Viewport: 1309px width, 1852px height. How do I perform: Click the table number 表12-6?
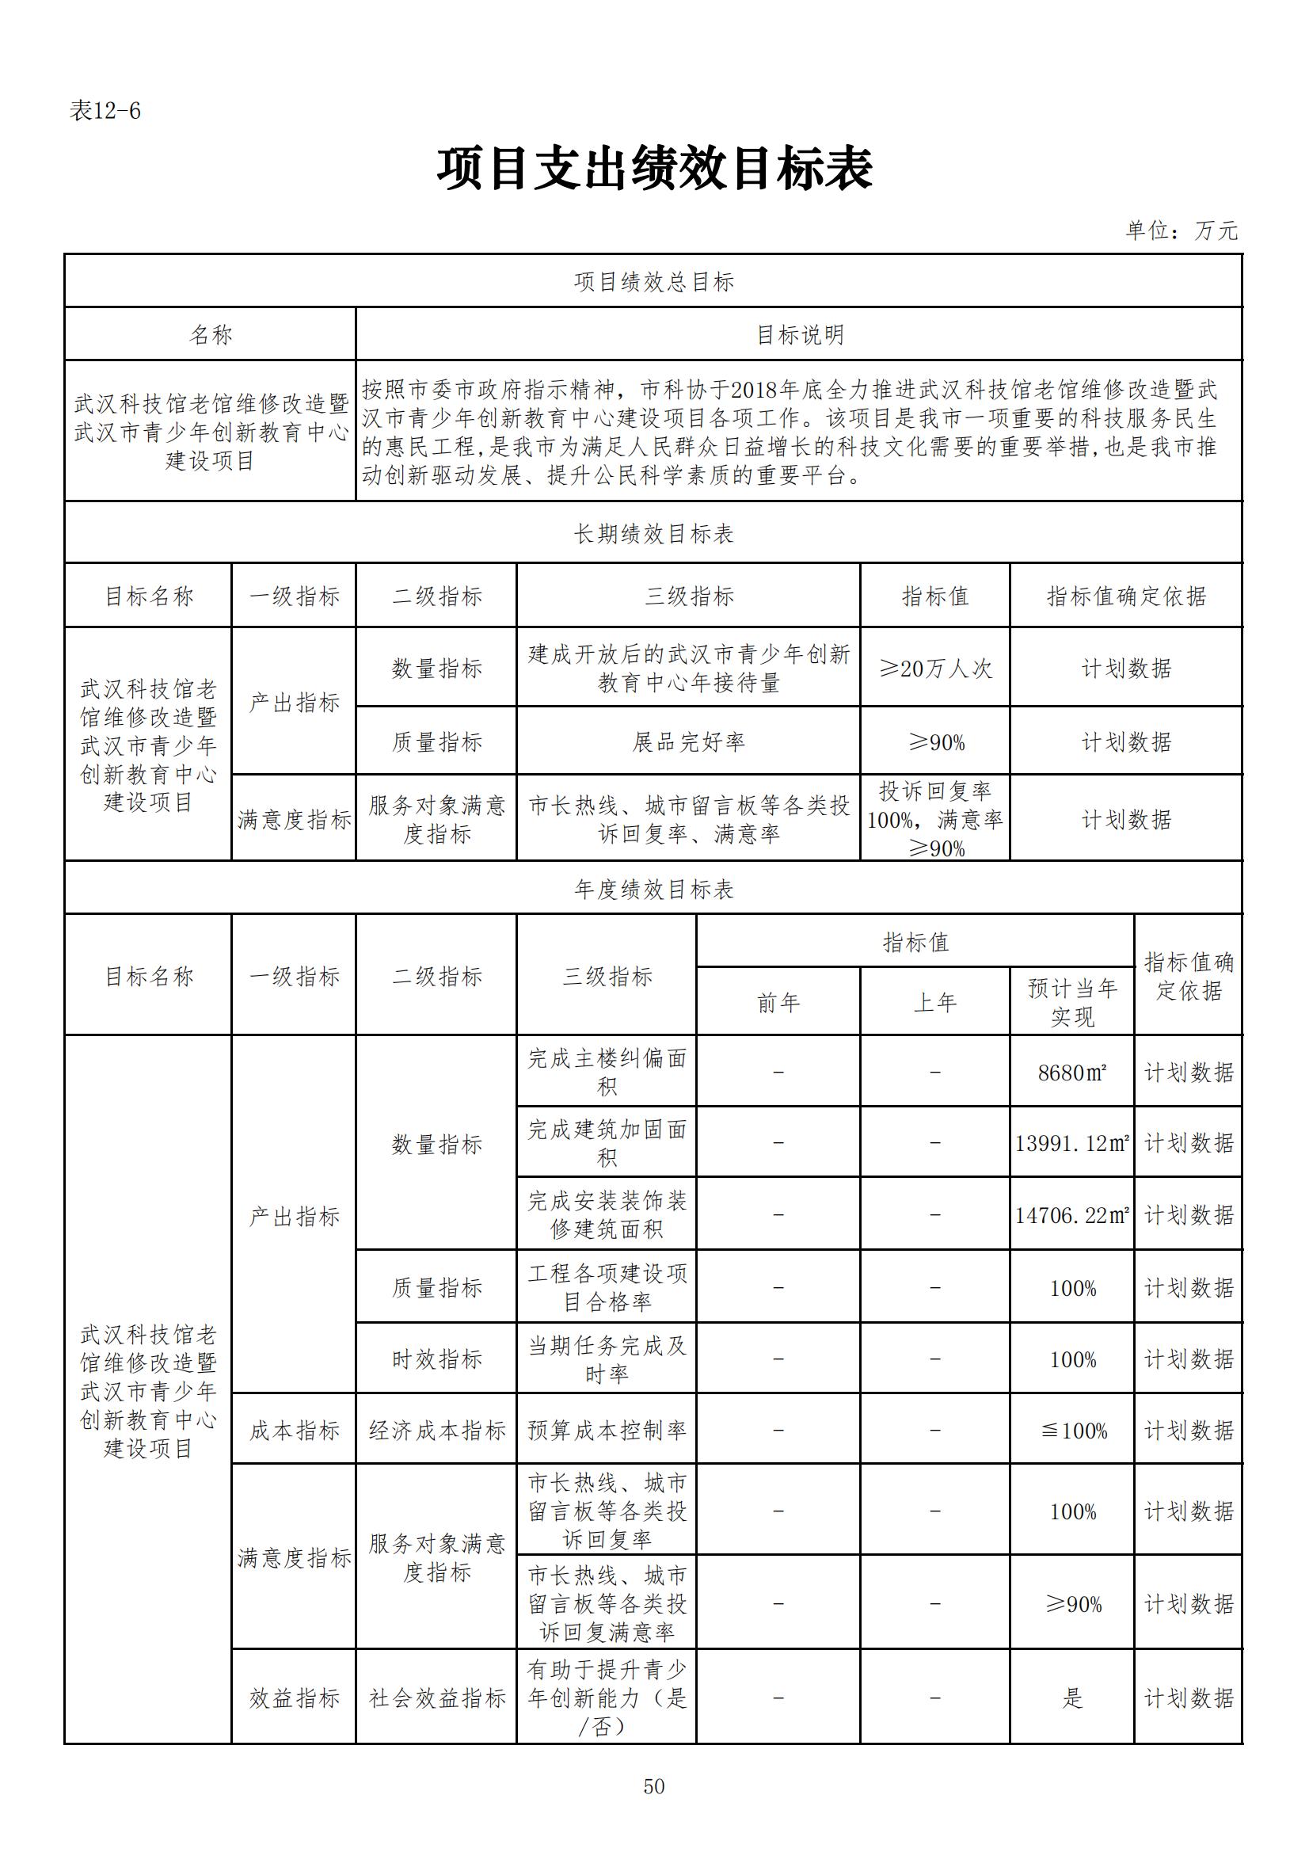point(105,111)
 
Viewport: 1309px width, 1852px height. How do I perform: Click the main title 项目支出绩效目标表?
point(654,170)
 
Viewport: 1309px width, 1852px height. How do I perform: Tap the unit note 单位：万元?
point(1182,231)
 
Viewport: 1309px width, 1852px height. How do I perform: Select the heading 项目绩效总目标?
point(654,281)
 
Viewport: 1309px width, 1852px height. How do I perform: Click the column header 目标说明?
point(799,335)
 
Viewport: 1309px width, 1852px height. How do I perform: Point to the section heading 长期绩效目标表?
point(654,533)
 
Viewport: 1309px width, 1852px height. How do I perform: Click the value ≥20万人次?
point(934,669)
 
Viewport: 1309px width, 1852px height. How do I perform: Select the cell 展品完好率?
point(688,742)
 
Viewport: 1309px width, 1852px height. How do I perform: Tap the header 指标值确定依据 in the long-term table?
point(1126,596)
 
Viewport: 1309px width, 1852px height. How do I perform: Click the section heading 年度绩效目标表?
point(654,889)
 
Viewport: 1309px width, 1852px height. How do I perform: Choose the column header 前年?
point(778,1003)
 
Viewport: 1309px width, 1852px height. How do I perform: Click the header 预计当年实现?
point(1072,1003)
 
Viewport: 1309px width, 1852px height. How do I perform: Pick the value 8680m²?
point(1072,1073)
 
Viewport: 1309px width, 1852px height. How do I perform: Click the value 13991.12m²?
point(1072,1143)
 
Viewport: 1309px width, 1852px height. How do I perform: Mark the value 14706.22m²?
point(1072,1215)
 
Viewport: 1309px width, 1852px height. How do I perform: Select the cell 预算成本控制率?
point(607,1430)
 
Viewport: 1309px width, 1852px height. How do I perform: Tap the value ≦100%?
point(1072,1431)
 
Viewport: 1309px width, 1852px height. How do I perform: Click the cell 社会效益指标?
point(436,1698)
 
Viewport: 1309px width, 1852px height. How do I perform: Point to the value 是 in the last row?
point(1072,1698)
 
